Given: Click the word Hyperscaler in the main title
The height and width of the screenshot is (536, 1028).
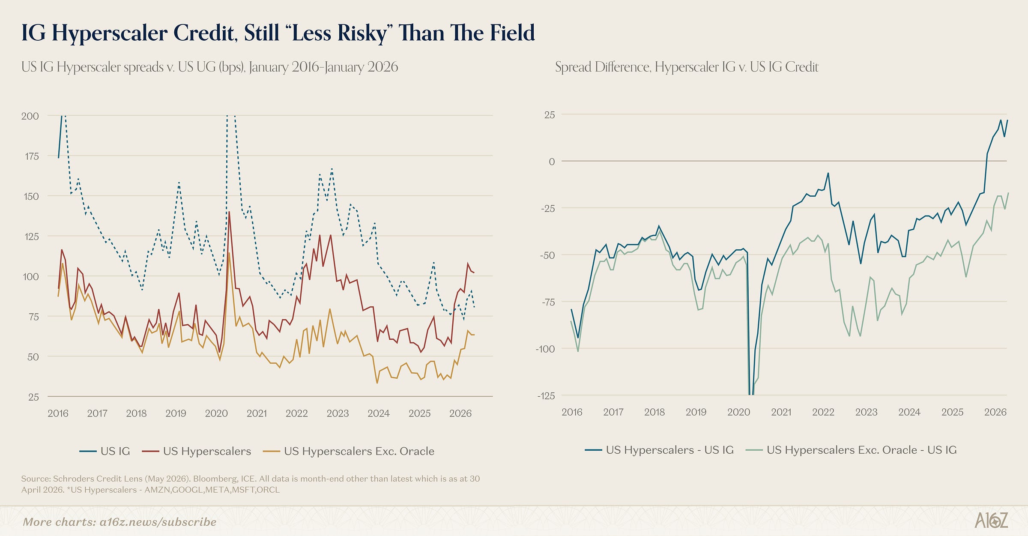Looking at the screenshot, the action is [x=110, y=33].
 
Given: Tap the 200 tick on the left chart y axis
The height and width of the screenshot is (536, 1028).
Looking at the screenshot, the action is [x=30, y=116].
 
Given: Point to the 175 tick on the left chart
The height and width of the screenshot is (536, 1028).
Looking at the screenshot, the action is [x=32, y=156].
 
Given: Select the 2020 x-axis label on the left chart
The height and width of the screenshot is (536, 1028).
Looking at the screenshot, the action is [x=216, y=413].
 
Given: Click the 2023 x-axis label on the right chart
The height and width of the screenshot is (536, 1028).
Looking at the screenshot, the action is [x=866, y=412].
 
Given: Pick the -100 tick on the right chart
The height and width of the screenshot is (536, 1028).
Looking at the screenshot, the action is [x=545, y=349].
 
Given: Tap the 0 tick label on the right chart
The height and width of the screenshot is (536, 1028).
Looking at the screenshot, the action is [x=552, y=162].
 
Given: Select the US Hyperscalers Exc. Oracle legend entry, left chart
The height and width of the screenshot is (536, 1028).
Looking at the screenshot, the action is [x=349, y=451].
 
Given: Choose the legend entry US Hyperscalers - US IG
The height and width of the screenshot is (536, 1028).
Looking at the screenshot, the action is [x=659, y=450].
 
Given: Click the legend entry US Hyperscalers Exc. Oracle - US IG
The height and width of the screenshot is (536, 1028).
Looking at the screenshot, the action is [x=851, y=450].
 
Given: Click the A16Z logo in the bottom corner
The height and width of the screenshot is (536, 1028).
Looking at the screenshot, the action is [x=991, y=520].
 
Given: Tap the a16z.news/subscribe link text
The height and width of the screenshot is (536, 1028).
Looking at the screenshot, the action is [x=158, y=522].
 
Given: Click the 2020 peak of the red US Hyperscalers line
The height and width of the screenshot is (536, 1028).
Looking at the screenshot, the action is [x=229, y=212].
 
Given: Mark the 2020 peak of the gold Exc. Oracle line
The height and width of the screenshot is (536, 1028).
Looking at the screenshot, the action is [x=229, y=253].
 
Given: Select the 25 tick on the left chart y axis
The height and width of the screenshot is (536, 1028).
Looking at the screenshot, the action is [x=33, y=397].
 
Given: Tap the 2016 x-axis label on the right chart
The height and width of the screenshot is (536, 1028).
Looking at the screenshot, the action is [x=572, y=412].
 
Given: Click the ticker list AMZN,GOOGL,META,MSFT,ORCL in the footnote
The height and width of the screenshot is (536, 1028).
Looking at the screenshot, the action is [x=212, y=490].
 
